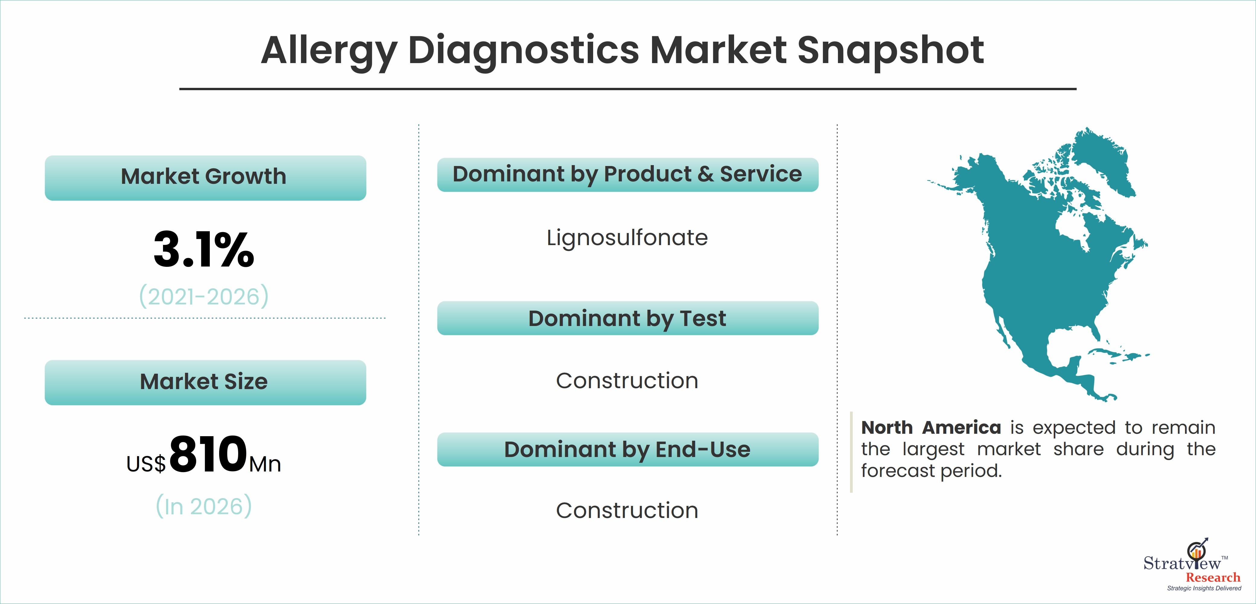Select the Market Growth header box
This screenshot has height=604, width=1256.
[205, 178]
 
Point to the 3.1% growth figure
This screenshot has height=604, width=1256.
[204, 250]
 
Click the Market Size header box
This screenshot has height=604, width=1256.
[205, 383]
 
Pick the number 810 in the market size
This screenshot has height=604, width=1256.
[208, 454]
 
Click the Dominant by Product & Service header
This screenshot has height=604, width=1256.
[628, 174]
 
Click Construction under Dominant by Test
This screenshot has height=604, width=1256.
[627, 381]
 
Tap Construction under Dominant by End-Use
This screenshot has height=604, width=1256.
[627, 510]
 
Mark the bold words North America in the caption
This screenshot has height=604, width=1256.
[931, 427]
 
